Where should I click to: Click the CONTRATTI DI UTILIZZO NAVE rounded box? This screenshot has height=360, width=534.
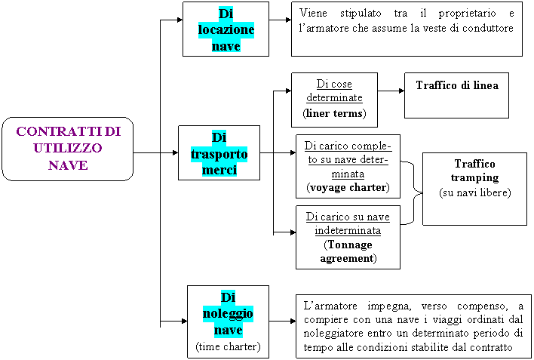click(x=67, y=149)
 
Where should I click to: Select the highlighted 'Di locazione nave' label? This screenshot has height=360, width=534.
click(x=226, y=29)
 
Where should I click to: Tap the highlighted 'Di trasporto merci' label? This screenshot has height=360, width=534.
click(x=219, y=153)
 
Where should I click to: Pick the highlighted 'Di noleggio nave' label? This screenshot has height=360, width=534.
click(x=228, y=313)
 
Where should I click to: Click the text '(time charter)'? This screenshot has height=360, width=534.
click(x=228, y=346)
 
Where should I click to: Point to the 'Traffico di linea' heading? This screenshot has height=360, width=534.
click(x=457, y=85)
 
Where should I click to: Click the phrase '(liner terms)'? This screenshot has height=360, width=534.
click(x=334, y=113)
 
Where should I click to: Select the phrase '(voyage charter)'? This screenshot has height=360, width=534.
click(x=348, y=187)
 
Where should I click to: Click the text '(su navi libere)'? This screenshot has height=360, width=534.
click(x=475, y=192)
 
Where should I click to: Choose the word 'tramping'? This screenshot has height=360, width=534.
click(x=474, y=178)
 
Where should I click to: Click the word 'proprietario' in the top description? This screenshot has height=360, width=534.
click(x=467, y=14)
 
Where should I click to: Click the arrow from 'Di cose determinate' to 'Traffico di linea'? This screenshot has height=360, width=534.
click(x=391, y=91)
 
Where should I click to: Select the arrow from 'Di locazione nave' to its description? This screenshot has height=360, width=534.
click(x=280, y=20)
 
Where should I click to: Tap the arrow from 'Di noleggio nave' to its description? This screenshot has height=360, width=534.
click(x=282, y=321)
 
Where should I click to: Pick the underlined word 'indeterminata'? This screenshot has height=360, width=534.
click(x=348, y=231)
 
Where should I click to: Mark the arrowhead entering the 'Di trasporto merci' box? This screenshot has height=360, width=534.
click(x=176, y=152)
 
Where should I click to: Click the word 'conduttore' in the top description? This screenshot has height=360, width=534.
click(x=488, y=28)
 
